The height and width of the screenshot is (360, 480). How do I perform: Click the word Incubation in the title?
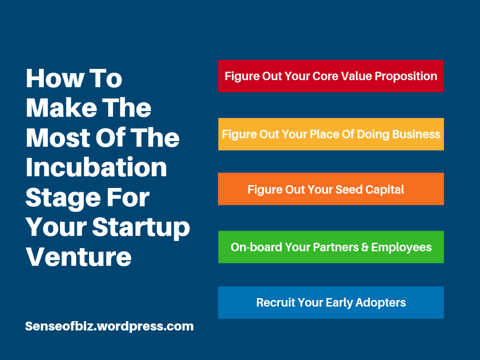(97, 168)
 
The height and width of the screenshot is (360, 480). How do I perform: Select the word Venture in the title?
(78, 256)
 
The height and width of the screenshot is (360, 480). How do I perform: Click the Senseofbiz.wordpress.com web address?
(109, 326)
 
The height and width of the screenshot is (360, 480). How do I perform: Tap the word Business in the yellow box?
(416, 135)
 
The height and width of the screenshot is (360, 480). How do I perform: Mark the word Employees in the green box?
(401, 247)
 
